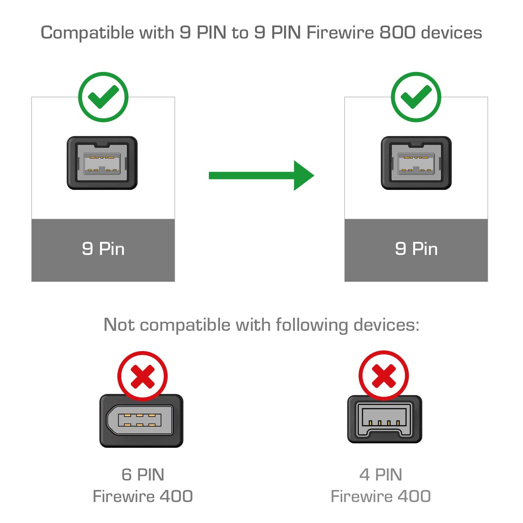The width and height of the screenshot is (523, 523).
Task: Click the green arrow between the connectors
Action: tap(261, 176)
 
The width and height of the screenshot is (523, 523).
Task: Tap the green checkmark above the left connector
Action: tap(103, 97)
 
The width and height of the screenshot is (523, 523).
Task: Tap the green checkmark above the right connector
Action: tap(416, 97)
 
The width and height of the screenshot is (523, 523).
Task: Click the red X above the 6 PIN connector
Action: tap(143, 376)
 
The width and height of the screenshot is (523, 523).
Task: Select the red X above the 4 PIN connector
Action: tap(383, 376)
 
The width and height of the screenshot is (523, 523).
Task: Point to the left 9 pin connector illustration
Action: tap(102, 163)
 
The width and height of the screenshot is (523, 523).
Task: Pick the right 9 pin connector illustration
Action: tap(416, 163)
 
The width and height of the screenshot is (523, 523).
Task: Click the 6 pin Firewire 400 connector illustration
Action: tap(141, 421)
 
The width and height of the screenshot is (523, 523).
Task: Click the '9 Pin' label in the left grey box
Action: tap(103, 249)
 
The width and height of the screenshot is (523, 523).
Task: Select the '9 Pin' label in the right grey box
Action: tap(416, 249)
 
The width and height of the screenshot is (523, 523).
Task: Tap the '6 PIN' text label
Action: tap(143, 475)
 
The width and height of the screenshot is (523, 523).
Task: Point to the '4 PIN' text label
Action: tap(380, 475)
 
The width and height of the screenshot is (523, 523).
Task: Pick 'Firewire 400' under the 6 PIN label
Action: tap(143, 496)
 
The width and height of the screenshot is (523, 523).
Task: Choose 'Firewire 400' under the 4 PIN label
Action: tap(380, 496)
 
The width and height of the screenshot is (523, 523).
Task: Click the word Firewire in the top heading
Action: tap(340, 33)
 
